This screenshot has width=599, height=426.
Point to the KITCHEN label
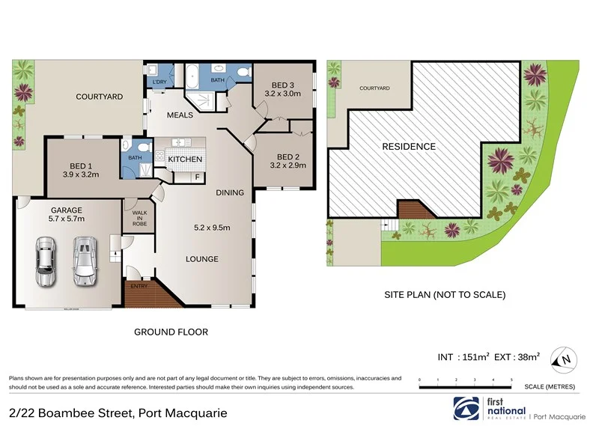pyautogui.click(x=185, y=159)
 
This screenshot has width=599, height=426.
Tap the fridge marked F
pyautogui.click(x=197, y=177)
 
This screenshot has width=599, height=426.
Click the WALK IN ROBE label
pyautogui.click(x=139, y=217)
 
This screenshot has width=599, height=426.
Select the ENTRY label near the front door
pyautogui.click(x=139, y=286)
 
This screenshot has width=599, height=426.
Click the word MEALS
pyautogui.click(x=180, y=115)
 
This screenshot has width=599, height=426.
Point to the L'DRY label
pyautogui.click(x=159, y=82)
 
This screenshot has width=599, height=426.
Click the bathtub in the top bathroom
pyautogui.click(x=194, y=76)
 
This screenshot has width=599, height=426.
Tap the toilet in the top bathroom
pyautogui.click(x=242, y=72)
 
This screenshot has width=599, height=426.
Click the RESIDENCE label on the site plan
pyautogui.click(x=409, y=147)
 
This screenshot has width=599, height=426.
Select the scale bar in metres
pyautogui.click(x=465, y=386)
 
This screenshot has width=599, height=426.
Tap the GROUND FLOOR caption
pyautogui.click(x=171, y=332)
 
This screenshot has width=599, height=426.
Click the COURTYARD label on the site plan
pyautogui.click(x=374, y=88)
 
